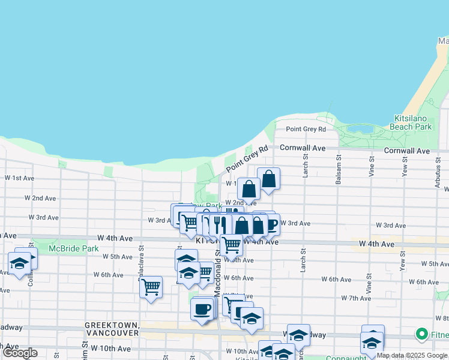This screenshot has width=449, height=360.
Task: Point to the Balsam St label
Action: click(338, 163)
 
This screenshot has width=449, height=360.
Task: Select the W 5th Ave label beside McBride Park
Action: click(118, 256)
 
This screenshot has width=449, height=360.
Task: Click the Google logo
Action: click(20, 353)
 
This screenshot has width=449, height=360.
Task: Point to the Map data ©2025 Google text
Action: click(412, 355)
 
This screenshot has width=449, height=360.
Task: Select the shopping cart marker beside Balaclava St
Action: click(151, 287)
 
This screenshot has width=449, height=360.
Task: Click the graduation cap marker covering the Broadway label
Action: click(298, 334)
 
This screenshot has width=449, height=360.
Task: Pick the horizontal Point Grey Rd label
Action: click(306, 129)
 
